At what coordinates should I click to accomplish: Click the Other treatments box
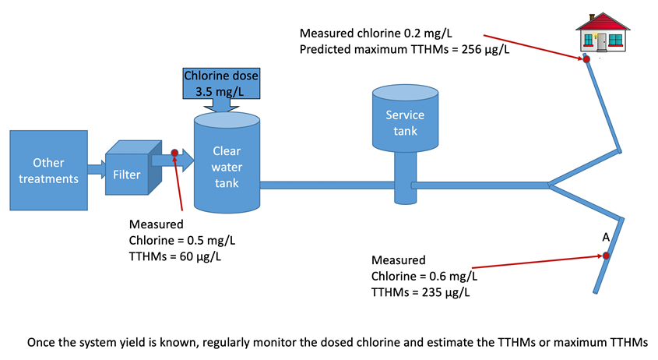pos(49,171)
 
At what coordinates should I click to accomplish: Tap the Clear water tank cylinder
pos(226,163)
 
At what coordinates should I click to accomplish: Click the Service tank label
pos(405,122)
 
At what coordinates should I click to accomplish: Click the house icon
pos(601,34)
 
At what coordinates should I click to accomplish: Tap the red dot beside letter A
pos(606,255)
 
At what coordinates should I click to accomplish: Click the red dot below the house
pos(587,58)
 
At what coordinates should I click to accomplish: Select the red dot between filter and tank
pos(174,154)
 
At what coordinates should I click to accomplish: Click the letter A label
pos(605,237)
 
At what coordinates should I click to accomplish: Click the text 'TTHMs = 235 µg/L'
pos(420,292)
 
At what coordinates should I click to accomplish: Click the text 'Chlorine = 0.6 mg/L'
pos(424,276)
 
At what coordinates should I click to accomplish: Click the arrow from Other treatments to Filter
pos(96,168)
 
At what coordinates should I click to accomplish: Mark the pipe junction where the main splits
pos(550,185)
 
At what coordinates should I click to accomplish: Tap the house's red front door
pos(600,40)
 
